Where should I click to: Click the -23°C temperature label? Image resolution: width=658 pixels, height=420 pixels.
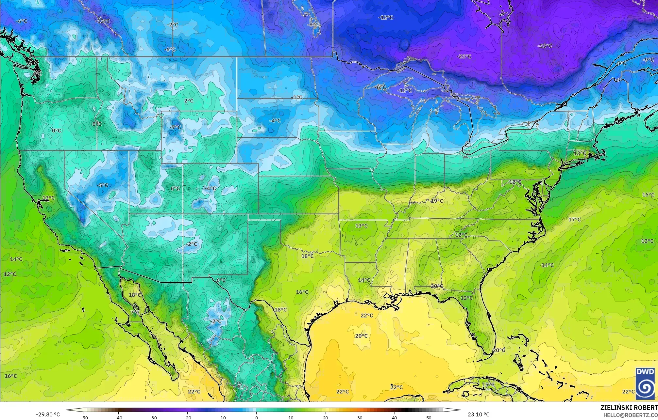[545, 46]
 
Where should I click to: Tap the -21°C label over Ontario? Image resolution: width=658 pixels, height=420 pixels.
[464, 56]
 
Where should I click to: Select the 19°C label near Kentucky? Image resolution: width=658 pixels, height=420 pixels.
[437, 201]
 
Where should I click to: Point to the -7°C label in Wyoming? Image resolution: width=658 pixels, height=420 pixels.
[176, 127]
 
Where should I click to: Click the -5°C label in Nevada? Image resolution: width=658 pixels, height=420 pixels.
[102, 185]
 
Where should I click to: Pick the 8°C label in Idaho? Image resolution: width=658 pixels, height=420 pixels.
[97, 124]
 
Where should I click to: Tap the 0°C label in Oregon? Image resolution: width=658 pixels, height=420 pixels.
[57, 131]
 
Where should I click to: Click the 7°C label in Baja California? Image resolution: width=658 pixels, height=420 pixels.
[135, 312]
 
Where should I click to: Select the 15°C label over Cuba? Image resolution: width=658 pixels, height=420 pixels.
[488, 384]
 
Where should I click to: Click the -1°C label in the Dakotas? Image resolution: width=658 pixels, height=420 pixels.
[297, 98]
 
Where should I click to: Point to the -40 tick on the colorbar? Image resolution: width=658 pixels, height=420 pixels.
[119, 417]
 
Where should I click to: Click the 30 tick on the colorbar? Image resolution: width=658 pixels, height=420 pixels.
[360, 417]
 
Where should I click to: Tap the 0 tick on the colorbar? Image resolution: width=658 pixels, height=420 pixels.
[257, 417]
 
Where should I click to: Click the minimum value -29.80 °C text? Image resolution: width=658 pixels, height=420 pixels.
[48, 414]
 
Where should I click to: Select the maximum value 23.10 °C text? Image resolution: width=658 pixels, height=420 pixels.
[479, 414]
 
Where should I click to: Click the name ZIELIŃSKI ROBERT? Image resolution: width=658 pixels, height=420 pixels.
[629, 407]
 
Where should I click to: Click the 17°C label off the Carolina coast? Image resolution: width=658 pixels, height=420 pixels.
[574, 220]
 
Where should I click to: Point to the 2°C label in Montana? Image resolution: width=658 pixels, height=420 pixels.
[189, 101]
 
